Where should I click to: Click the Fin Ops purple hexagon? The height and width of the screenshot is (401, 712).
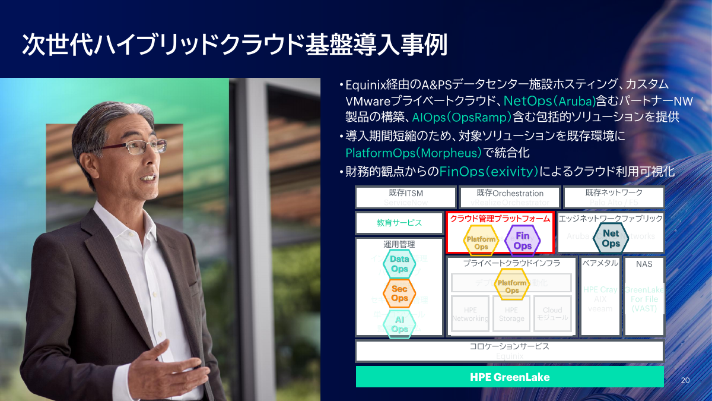click(522, 241)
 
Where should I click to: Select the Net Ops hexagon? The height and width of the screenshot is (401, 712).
click(611, 238)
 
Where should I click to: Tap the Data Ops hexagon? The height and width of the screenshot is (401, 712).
click(399, 264)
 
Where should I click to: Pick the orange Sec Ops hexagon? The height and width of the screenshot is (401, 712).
click(399, 293)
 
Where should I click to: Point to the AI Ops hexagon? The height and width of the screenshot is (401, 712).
click(399, 324)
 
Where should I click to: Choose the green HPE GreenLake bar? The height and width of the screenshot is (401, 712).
click(509, 377)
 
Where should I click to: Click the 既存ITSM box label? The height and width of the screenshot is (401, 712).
click(406, 193)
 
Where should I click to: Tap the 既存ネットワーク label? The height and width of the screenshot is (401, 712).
click(614, 193)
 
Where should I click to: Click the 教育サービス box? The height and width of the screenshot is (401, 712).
click(399, 223)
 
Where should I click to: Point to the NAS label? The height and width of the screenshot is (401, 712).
click(644, 264)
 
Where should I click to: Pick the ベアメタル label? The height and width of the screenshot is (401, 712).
click(600, 263)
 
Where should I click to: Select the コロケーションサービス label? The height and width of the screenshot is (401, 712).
click(509, 346)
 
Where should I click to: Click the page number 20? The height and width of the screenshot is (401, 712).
click(685, 380)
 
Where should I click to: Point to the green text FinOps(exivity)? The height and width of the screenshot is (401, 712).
click(489, 172)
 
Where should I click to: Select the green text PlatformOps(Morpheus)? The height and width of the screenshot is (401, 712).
click(414, 153)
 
